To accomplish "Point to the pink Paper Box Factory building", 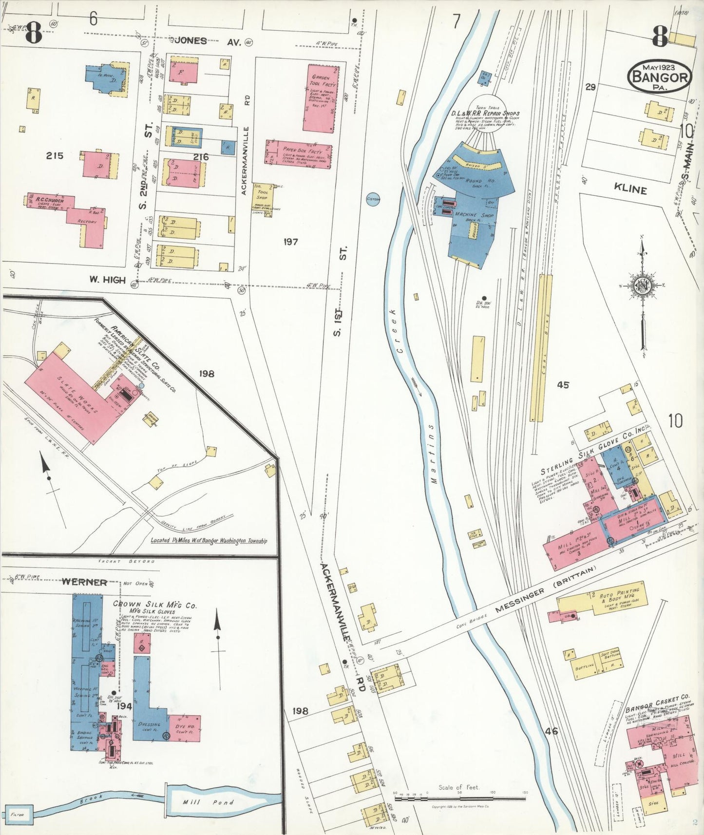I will (x=299, y=154).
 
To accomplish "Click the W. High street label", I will (x=107, y=280).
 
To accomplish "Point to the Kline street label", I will (x=630, y=190).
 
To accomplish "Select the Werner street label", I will (x=84, y=582).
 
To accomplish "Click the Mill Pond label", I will (x=208, y=802).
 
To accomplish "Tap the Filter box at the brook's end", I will (x=18, y=814).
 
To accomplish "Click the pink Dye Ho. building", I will (x=184, y=728).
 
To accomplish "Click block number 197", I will (x=290, y=242).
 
